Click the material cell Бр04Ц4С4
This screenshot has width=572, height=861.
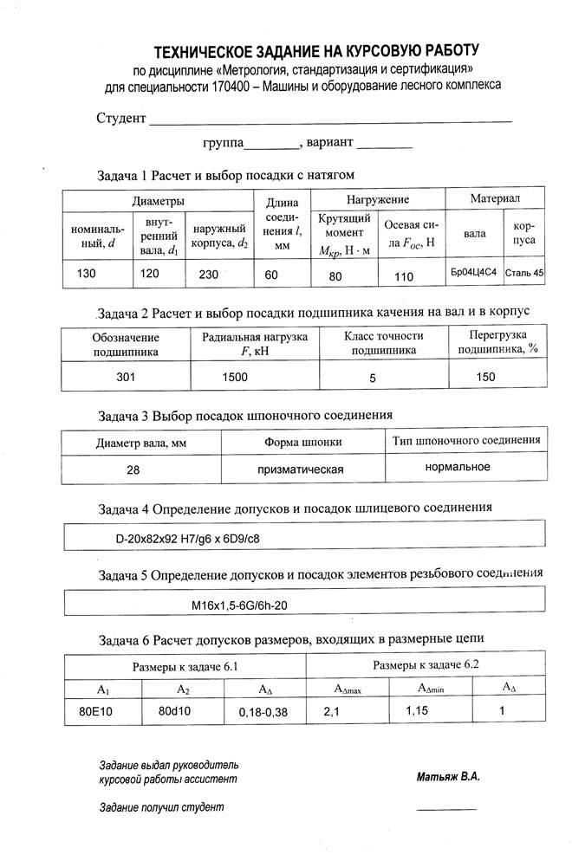click(x=473, y=273)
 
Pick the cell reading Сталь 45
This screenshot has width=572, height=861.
click(x=524, y=273)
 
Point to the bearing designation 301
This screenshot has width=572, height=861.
click(x=127, y=378)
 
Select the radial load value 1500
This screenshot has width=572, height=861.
click(x=236, y=378)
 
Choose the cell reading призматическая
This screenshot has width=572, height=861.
click(x=302, y=469)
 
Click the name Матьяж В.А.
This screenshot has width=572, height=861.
click(x=447, y=776)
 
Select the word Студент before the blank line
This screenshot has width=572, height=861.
click(x=120, y=119)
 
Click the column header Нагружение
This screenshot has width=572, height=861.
click(x=379, y=199)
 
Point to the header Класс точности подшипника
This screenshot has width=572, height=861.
click(x=383, y=344)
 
